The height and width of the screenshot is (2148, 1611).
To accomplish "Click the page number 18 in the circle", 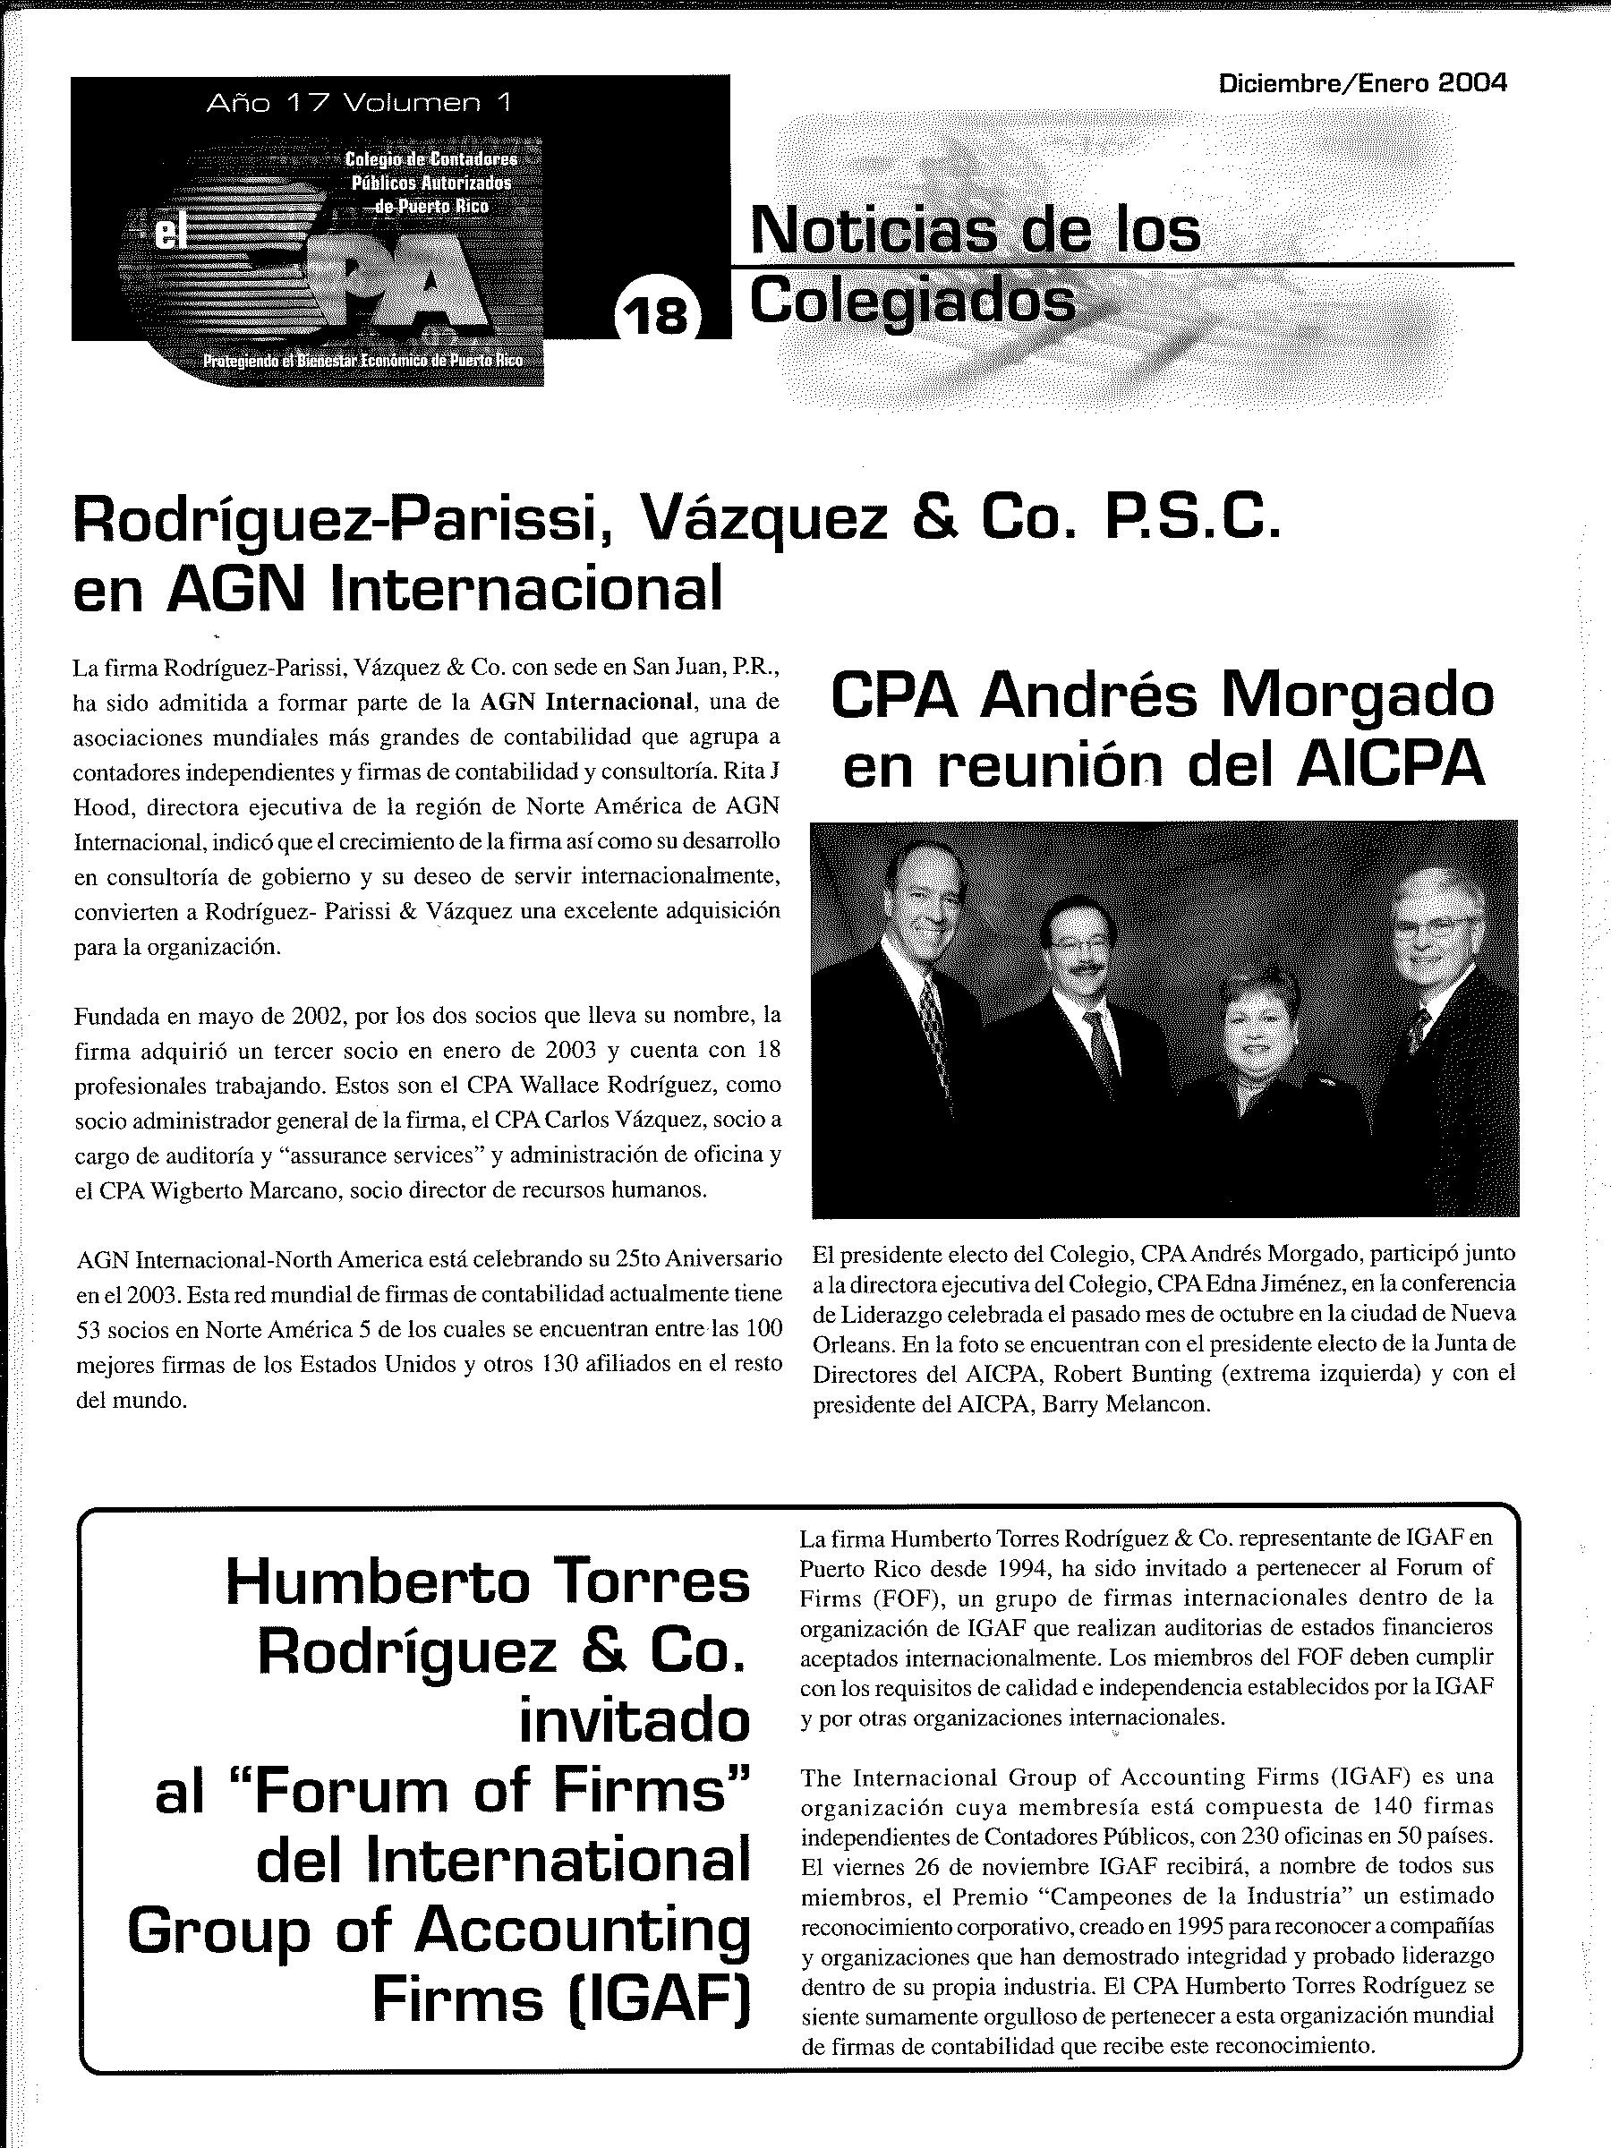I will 656,315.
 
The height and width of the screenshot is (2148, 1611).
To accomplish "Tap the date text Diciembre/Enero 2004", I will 1361,82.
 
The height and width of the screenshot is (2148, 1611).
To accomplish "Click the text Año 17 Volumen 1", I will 358,102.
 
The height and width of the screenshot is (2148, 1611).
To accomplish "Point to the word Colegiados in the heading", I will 912,302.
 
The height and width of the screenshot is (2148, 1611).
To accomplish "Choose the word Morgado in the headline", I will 1357,696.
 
